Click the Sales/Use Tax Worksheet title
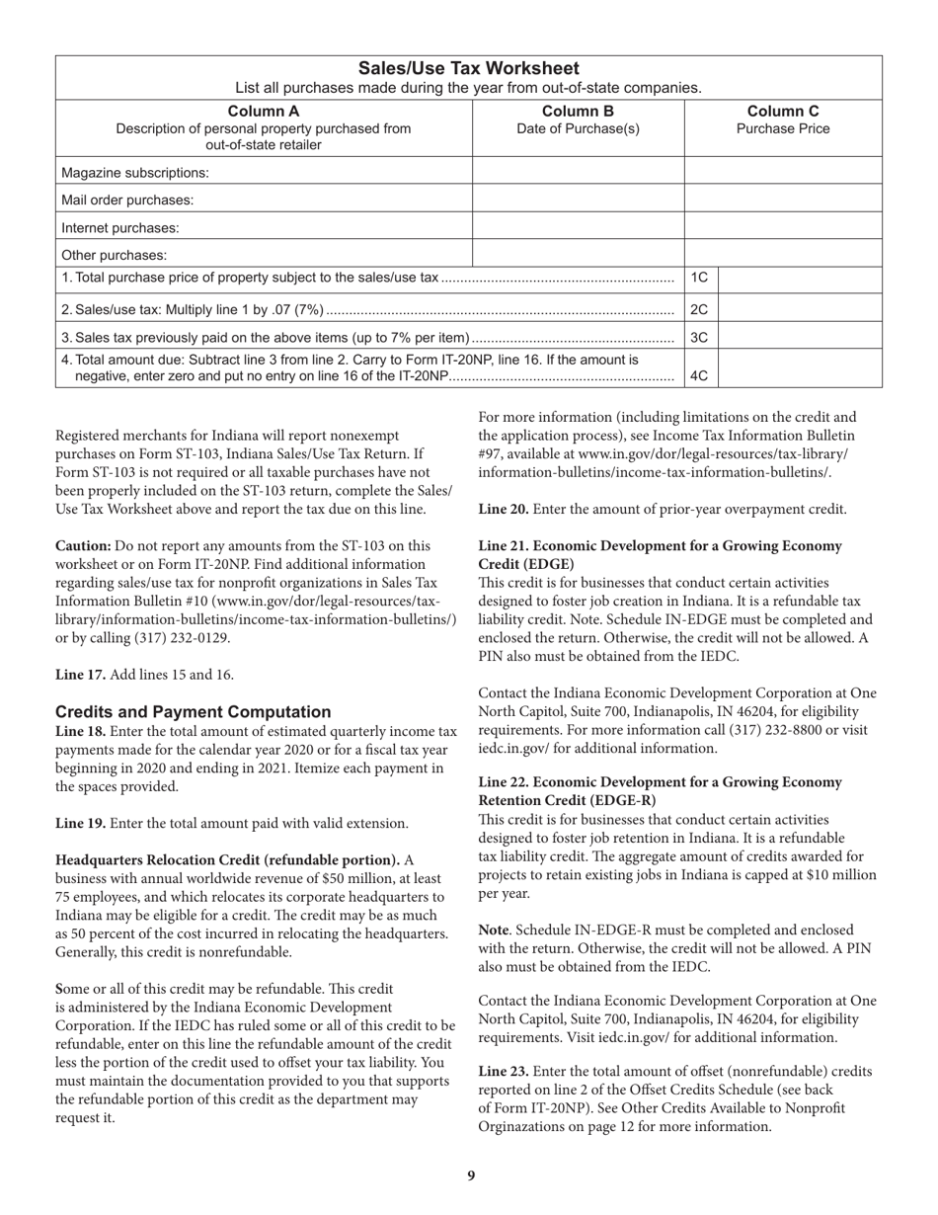(468, 68)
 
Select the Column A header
(264, 111)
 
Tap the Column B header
(579, 111)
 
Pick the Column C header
(783, 111)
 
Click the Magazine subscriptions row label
(135, 173)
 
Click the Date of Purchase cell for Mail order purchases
(579, 201)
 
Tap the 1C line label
(699, 279)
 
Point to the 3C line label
(699, 337)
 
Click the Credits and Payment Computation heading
(194, 712)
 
